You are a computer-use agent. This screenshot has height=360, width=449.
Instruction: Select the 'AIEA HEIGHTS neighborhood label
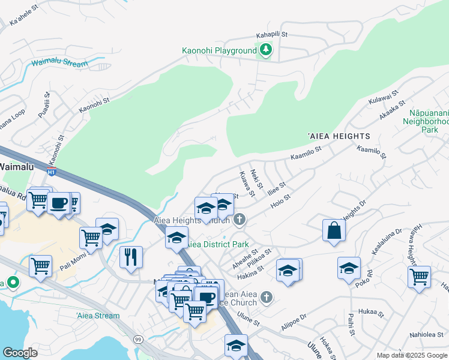pyautogui.click(x=339, y=136)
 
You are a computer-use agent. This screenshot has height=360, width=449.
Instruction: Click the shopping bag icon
pyautogui.click(x=334, y=231)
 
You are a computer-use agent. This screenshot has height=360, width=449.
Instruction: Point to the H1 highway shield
pyautogui.click(x=52, y=172)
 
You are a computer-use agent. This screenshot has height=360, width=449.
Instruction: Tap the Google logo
pyautogui.click(x=20, y=353)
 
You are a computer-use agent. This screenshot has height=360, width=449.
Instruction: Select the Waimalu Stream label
pyautogui.click(x=59, y=62)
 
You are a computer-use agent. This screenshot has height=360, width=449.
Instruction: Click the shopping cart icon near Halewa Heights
pyautogui.click(x=419, y=277)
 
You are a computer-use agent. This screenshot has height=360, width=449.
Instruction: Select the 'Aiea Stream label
pyautogui.click(x=98, y=316)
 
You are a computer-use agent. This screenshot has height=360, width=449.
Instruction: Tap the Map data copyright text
pyautogui.click(x=411, y=355)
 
